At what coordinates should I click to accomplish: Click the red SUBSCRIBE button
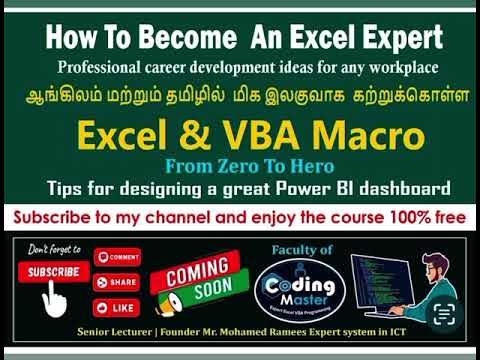51,271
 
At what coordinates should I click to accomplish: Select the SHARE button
116,282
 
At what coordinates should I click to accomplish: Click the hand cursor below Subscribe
57,296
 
